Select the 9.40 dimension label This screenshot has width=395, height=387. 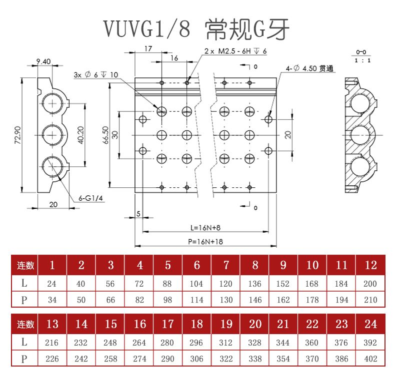(x=43, y=61)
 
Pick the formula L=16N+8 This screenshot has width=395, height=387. (x=205, y=228)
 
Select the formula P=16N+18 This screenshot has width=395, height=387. (x=205, y=241)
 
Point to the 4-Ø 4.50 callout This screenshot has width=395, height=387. (x=309, y=68)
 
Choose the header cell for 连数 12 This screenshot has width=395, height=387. (x=370, y=265)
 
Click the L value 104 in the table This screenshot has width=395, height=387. (x=196, y=284)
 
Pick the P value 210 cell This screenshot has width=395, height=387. (x=370, y=300)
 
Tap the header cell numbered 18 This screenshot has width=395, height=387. (x=196, y=324)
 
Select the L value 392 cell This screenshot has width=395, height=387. (x=370, y=343)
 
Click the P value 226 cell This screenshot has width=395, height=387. (x=52, y=359)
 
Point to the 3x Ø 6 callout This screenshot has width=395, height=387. (x=95, y=75)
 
